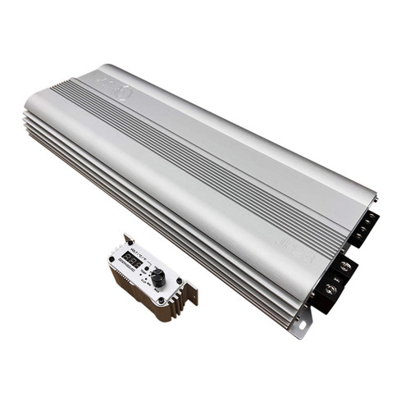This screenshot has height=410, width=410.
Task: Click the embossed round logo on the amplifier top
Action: pyautogui.click(x=123, y=93)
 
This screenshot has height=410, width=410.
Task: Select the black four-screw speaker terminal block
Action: pyautogui.click(x=364, y=229)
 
